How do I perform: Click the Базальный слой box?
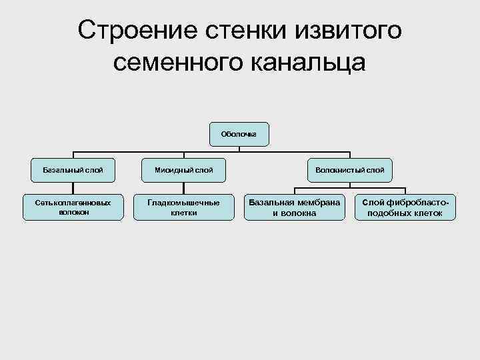coord(73,170)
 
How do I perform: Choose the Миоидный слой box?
coord(184,170)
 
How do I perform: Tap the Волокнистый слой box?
coord(350,170)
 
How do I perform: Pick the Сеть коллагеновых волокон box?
coord(73,207)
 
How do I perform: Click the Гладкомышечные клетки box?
coord(184,207)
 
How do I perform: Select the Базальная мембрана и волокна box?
coord(294,207)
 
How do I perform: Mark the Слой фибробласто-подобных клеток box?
coord(405,207)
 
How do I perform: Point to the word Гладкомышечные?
coord(184,202)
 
